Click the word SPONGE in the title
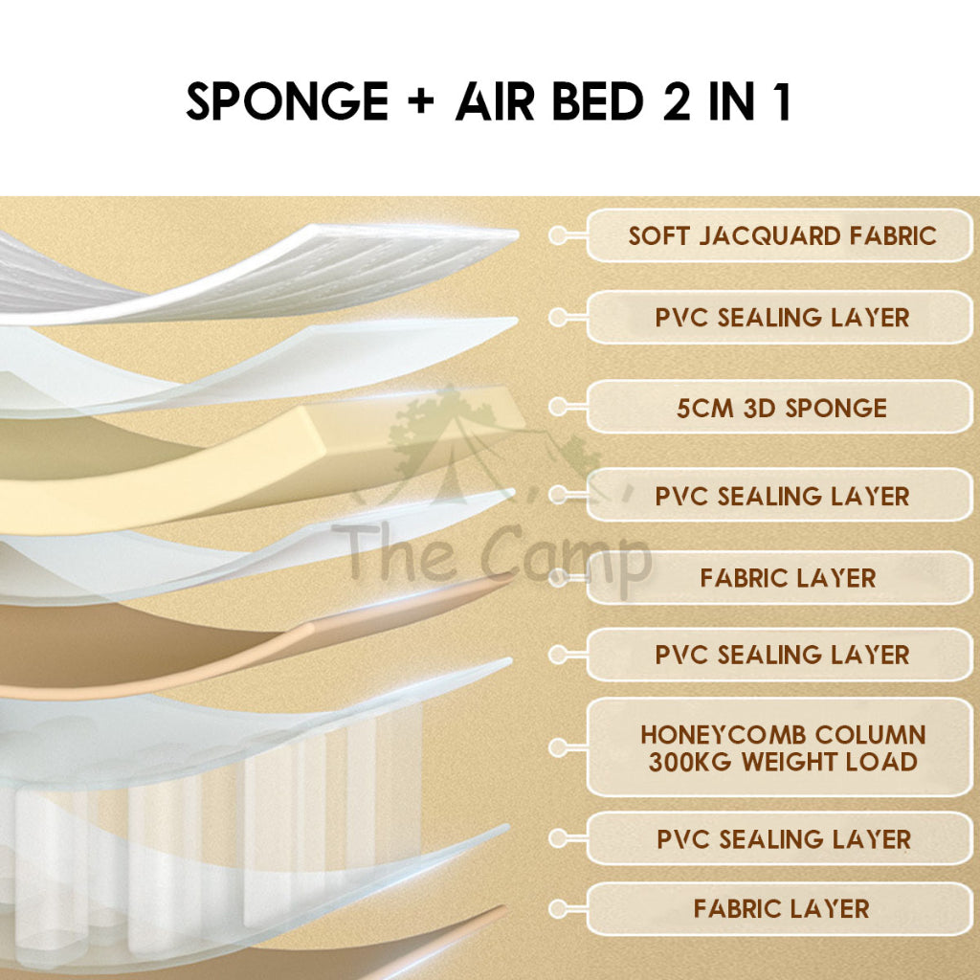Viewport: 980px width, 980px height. coord(287,100)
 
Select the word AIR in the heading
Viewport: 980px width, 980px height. coord(495,100)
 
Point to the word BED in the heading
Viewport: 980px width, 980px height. coord(598,100)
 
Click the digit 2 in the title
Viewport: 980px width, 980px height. coord(677,100)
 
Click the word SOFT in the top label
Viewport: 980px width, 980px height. coord(658,235)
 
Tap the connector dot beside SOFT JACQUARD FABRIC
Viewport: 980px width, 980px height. coord(557,235)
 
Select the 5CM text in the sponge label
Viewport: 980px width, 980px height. coord(705,408)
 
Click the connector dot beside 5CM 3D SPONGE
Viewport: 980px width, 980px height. coord(557,407)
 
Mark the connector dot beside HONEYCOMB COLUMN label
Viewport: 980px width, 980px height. coord(557,746)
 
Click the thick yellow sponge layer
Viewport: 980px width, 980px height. coord(250,466)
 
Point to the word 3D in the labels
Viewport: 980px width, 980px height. coord(759,408)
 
